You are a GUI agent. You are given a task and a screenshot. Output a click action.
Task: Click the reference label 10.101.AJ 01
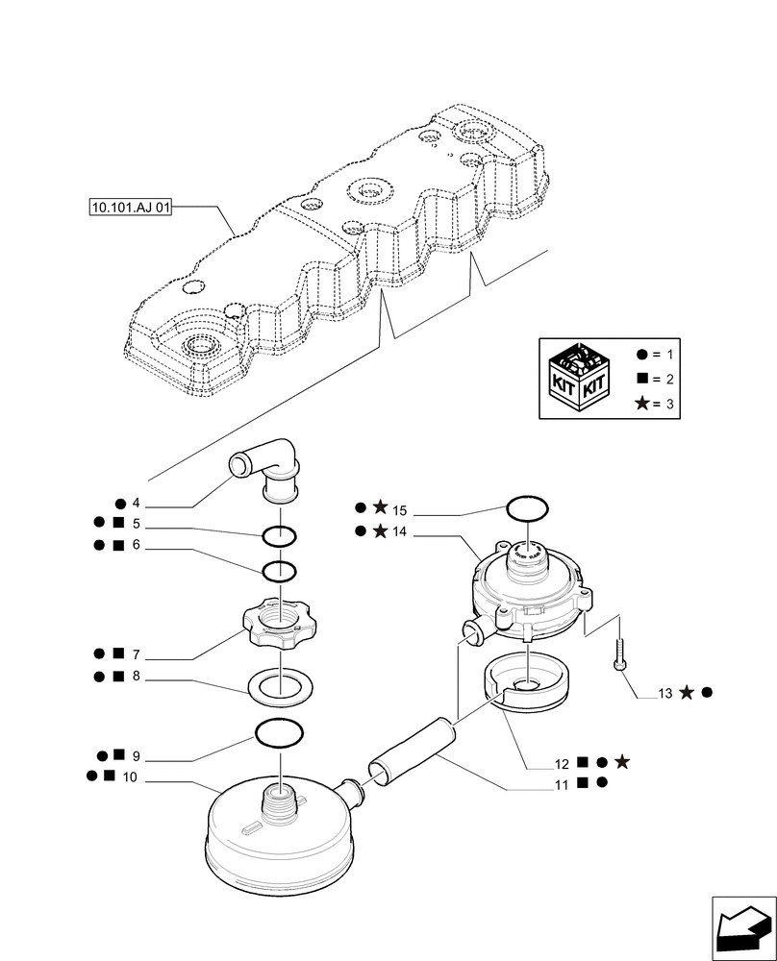pyautogui.click(x=129, y=207)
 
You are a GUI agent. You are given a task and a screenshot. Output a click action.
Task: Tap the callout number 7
pyautogui.click(x=137, y=654)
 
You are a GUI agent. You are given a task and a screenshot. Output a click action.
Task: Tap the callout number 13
pyautogui.click(x=666, y=693)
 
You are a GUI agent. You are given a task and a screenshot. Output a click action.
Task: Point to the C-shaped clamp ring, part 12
pyautogui.click(x=525, y=682)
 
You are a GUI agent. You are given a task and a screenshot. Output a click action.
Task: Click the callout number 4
pyautogui.click(x=137, y=503)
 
